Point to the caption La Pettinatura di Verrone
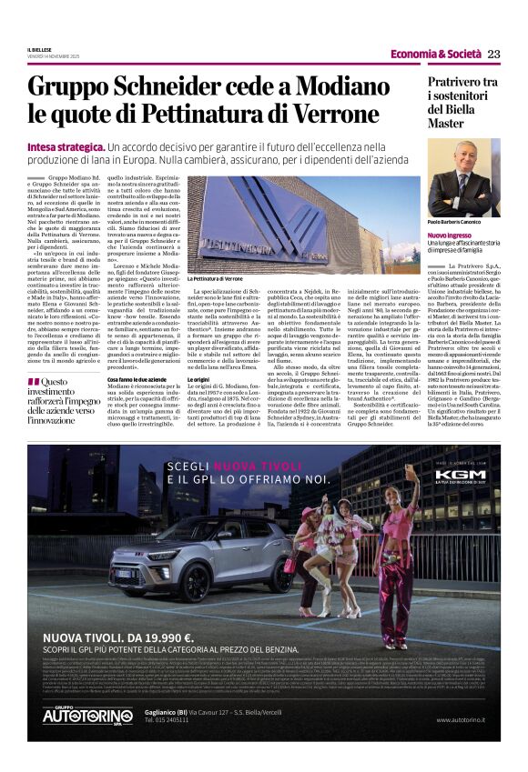[x=215, y=278]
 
